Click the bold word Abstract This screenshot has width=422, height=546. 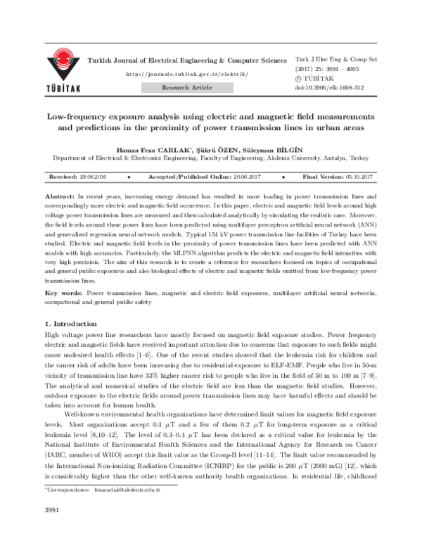(58, 193)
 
